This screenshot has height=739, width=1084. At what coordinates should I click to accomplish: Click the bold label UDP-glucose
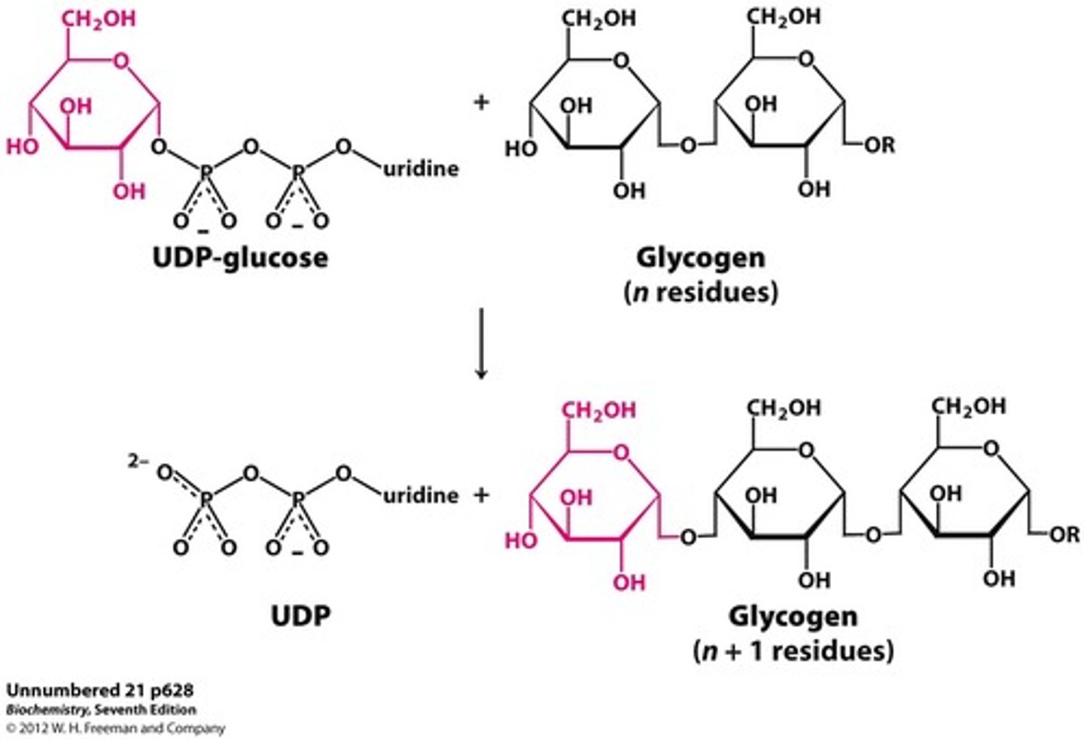tap(240, 258)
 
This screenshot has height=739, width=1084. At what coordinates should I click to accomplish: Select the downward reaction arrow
tap(481, 343)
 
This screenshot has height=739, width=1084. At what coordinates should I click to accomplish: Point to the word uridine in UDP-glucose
tap(421, 168)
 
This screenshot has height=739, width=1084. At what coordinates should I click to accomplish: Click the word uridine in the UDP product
tap(421, 495)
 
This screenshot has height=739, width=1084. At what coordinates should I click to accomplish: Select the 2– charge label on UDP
tap(138, 461)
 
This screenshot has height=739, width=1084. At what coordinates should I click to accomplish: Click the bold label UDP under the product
tap(300, 616)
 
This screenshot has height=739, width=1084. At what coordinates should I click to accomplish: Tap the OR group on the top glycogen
tap(879, 145)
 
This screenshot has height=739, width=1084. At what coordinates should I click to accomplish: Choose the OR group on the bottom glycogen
tap(1064, 535)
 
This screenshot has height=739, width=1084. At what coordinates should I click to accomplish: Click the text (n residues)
tap(701, 291)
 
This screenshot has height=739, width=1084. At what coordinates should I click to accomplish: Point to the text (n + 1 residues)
tap(793, 650)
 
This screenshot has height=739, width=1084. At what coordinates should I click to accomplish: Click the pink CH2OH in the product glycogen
tap(599, 411)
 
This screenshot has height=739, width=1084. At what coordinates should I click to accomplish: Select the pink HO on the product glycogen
tap(521, 540)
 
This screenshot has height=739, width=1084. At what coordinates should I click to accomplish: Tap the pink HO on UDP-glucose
tap(23, 147)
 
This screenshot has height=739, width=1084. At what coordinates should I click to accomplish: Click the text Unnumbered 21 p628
tap(99, 690)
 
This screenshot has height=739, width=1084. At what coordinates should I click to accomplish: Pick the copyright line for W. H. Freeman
tap(115, 728)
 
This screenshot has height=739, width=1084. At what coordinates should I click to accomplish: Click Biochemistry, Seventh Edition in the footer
tap(101, 710)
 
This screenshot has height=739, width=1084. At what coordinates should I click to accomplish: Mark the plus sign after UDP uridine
tap(481, 495)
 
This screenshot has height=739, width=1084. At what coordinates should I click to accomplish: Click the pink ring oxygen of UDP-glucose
tap(121, 59)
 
